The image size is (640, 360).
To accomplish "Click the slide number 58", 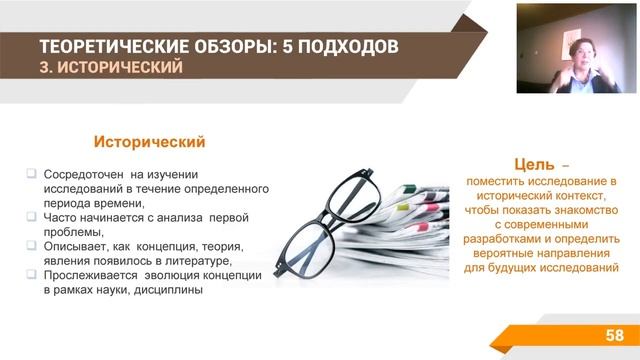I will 614,333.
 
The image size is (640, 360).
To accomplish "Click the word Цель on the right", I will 531,163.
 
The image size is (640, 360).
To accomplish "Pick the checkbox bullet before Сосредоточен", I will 31,172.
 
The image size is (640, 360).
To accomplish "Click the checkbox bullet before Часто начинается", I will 31,216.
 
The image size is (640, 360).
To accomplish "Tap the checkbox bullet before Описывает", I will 31,245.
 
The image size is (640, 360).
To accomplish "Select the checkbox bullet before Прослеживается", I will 31,274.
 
